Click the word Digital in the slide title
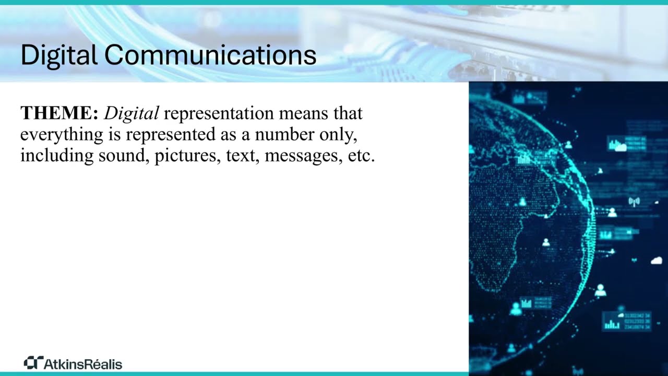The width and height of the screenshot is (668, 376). tap(59, 55)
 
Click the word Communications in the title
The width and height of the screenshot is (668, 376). tap(210, 55)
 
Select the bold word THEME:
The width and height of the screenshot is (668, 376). tap(59, 113)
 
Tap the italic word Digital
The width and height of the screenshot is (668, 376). tap(132, 113)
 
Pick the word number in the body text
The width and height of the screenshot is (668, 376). tap(283, 134)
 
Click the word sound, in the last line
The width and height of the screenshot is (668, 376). tap(124, 156)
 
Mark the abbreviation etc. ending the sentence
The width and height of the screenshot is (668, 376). tap(361, 156)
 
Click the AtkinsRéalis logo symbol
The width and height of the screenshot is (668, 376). tap(33, 362)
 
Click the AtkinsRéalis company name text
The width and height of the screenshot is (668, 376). tap(82, 363)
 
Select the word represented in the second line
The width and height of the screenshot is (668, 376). tap(170, 135)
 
